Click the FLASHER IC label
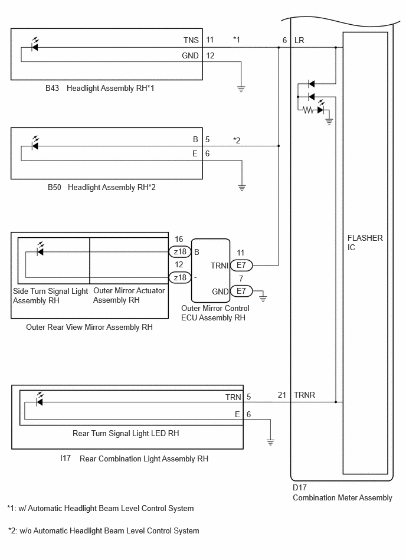[x=365, y=243]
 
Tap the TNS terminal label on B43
[x=191, y=40]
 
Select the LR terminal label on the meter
[x=299, y=40]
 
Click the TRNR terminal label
[x=304, y=395]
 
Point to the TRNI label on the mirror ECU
[x=220, y=266]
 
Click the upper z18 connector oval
[x=180, y=252]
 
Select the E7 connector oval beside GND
[x=241, y=291]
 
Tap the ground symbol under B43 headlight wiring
[x=241, y=89]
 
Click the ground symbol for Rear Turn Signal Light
[x=270, y=442]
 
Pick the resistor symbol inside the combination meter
[x=308, y=110]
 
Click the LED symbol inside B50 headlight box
[x=35, y=143]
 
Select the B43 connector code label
[x=52, y=88]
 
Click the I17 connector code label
[x=66, y=459]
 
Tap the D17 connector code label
[x=300, y=487]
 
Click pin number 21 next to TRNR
[x=282, y=395]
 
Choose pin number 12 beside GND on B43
[x=210, y=55]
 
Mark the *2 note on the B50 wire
[x=237, y=140]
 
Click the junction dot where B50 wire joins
[x=279, y=146]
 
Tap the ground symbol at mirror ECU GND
[x=263, y=299]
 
